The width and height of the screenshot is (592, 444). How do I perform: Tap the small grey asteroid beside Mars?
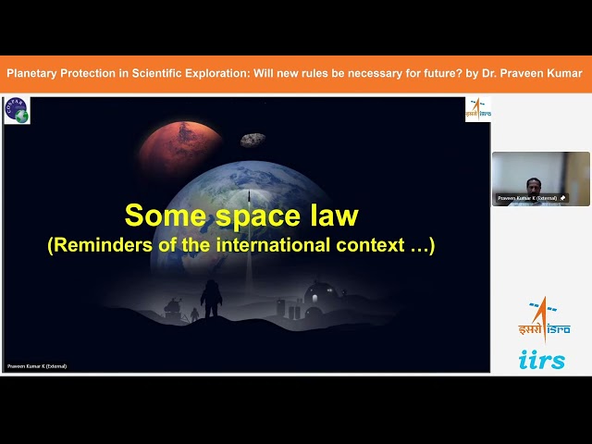point(253,140)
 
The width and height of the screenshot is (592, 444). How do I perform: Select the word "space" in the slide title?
point(254,216)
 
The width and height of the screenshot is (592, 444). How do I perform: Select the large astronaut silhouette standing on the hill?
point(211,299)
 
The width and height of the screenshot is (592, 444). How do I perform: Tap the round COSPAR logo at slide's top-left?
point(17,110)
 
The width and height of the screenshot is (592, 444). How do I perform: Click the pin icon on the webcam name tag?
point(561,198)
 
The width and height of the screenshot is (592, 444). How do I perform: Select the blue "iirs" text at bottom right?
point(543,360)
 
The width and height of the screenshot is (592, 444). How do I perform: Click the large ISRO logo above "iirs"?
point(543,318)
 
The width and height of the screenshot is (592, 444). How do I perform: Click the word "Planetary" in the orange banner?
point(36,73)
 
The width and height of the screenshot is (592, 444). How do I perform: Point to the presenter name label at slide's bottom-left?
point(37,366)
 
